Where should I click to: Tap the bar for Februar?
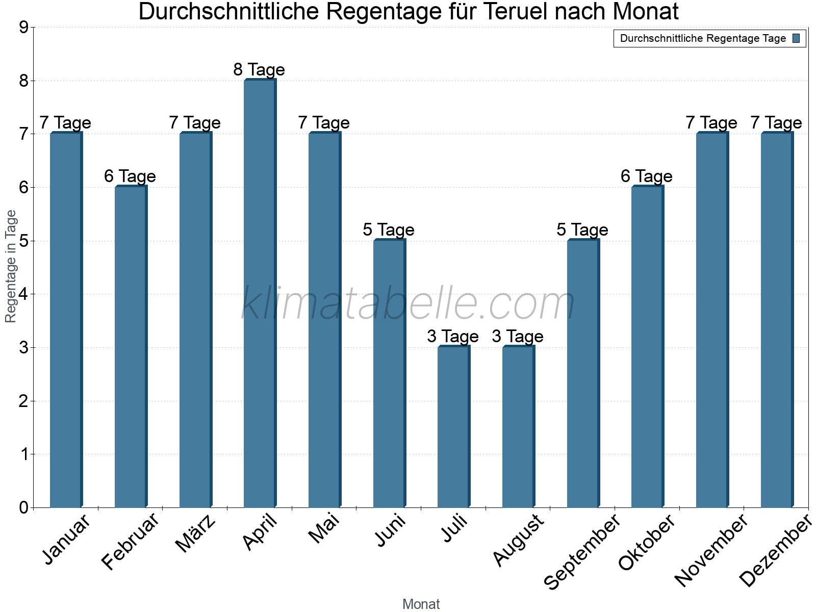tap(131, 347)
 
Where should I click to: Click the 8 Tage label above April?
tap(259, 69)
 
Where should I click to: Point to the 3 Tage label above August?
tap(518, 337)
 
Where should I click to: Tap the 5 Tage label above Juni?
tap(389, 230)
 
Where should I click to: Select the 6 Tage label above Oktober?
tap(647, 176)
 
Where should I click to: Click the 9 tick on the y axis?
tap(23, 28)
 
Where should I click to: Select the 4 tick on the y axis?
tap(23, 294)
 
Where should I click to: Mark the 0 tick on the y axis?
tap(23, 508)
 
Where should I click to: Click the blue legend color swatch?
tap(797, 38)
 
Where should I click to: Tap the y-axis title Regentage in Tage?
tap(11, 266)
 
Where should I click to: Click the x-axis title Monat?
tap(421, 604)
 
